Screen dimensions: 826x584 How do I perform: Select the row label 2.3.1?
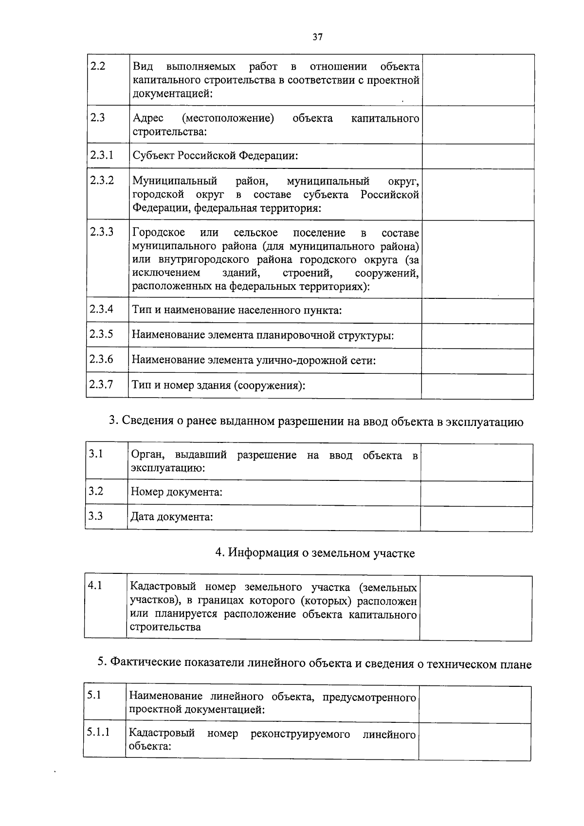(x=102, y=155)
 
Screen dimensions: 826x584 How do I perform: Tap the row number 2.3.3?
(x=102, y=231)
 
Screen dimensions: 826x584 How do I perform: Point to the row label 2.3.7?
(x=101, y=385)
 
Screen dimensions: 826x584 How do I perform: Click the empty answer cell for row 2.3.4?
(x=477, y=311)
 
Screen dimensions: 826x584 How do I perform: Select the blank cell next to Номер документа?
(x=476, y=493)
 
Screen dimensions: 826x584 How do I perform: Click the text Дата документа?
(x=172, y=516)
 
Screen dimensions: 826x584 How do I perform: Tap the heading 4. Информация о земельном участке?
(x=315, y=553)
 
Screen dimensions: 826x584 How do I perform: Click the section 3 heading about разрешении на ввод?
(x=316, y=422)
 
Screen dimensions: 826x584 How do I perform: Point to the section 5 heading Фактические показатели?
(x=314, y=663)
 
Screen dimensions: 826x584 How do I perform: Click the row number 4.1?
(x=95, y=586)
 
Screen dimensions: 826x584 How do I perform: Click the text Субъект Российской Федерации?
(x=215, y=156)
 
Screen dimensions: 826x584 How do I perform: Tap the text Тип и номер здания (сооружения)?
(x=219, y=385)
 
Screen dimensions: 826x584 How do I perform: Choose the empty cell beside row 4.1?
(x=475, y=608)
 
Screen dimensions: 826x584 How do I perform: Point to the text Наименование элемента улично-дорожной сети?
(x=254, y=361)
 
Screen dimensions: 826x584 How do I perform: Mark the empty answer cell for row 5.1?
(x=474, y=704)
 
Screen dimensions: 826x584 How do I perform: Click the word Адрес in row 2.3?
(x=148, y=118)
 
